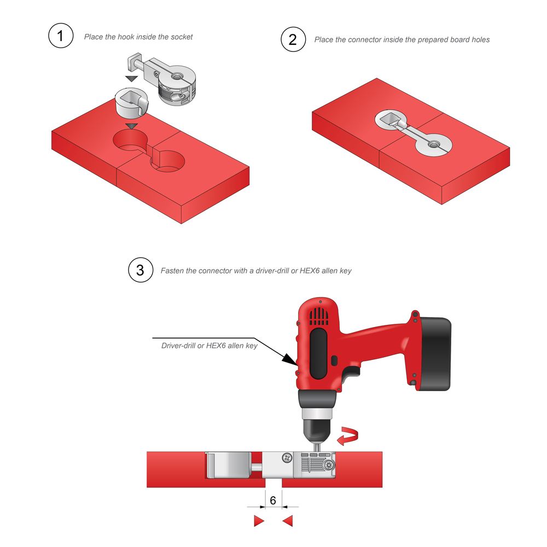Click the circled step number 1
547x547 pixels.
61,36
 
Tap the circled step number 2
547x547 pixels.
293,39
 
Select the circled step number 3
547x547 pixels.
141,270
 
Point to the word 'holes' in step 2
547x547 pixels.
480,40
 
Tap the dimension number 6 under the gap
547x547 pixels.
273,501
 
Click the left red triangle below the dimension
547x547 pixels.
259,521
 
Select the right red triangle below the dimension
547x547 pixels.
288,521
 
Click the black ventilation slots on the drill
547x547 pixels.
319,316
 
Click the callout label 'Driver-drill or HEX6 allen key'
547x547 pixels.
210,346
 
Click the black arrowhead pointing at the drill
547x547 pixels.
289,359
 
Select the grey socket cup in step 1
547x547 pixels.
132,103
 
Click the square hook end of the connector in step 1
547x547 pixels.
135,62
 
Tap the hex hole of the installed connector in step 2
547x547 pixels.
434,144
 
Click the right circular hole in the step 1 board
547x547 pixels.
167,161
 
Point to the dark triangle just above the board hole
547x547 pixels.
132,126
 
